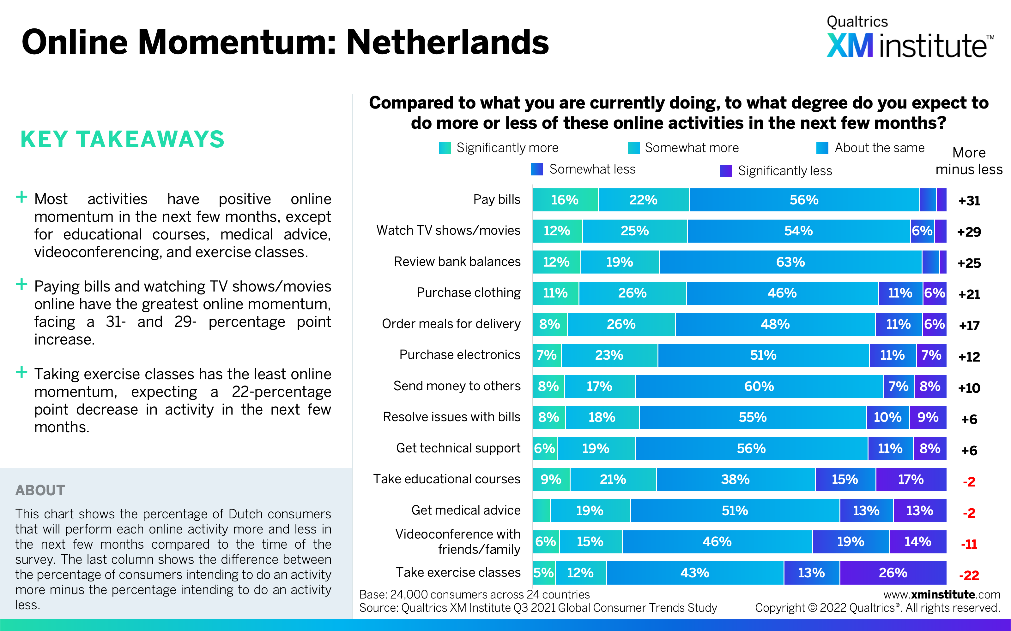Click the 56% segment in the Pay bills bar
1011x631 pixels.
point(804,200)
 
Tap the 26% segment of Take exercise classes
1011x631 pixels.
point(893,573)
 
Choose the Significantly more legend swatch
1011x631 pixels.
point(445,148)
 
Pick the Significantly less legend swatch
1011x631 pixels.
point(726,171)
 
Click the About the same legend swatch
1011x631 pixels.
point(822,148)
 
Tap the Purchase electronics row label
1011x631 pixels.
point(460,355)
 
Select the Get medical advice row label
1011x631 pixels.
point(466,510)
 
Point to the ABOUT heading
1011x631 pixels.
point(40,490)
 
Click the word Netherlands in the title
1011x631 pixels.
point(447,43)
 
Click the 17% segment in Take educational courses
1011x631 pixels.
point(911,480)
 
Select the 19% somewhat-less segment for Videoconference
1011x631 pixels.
point(851,542)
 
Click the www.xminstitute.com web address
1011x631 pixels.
point(941,594)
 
